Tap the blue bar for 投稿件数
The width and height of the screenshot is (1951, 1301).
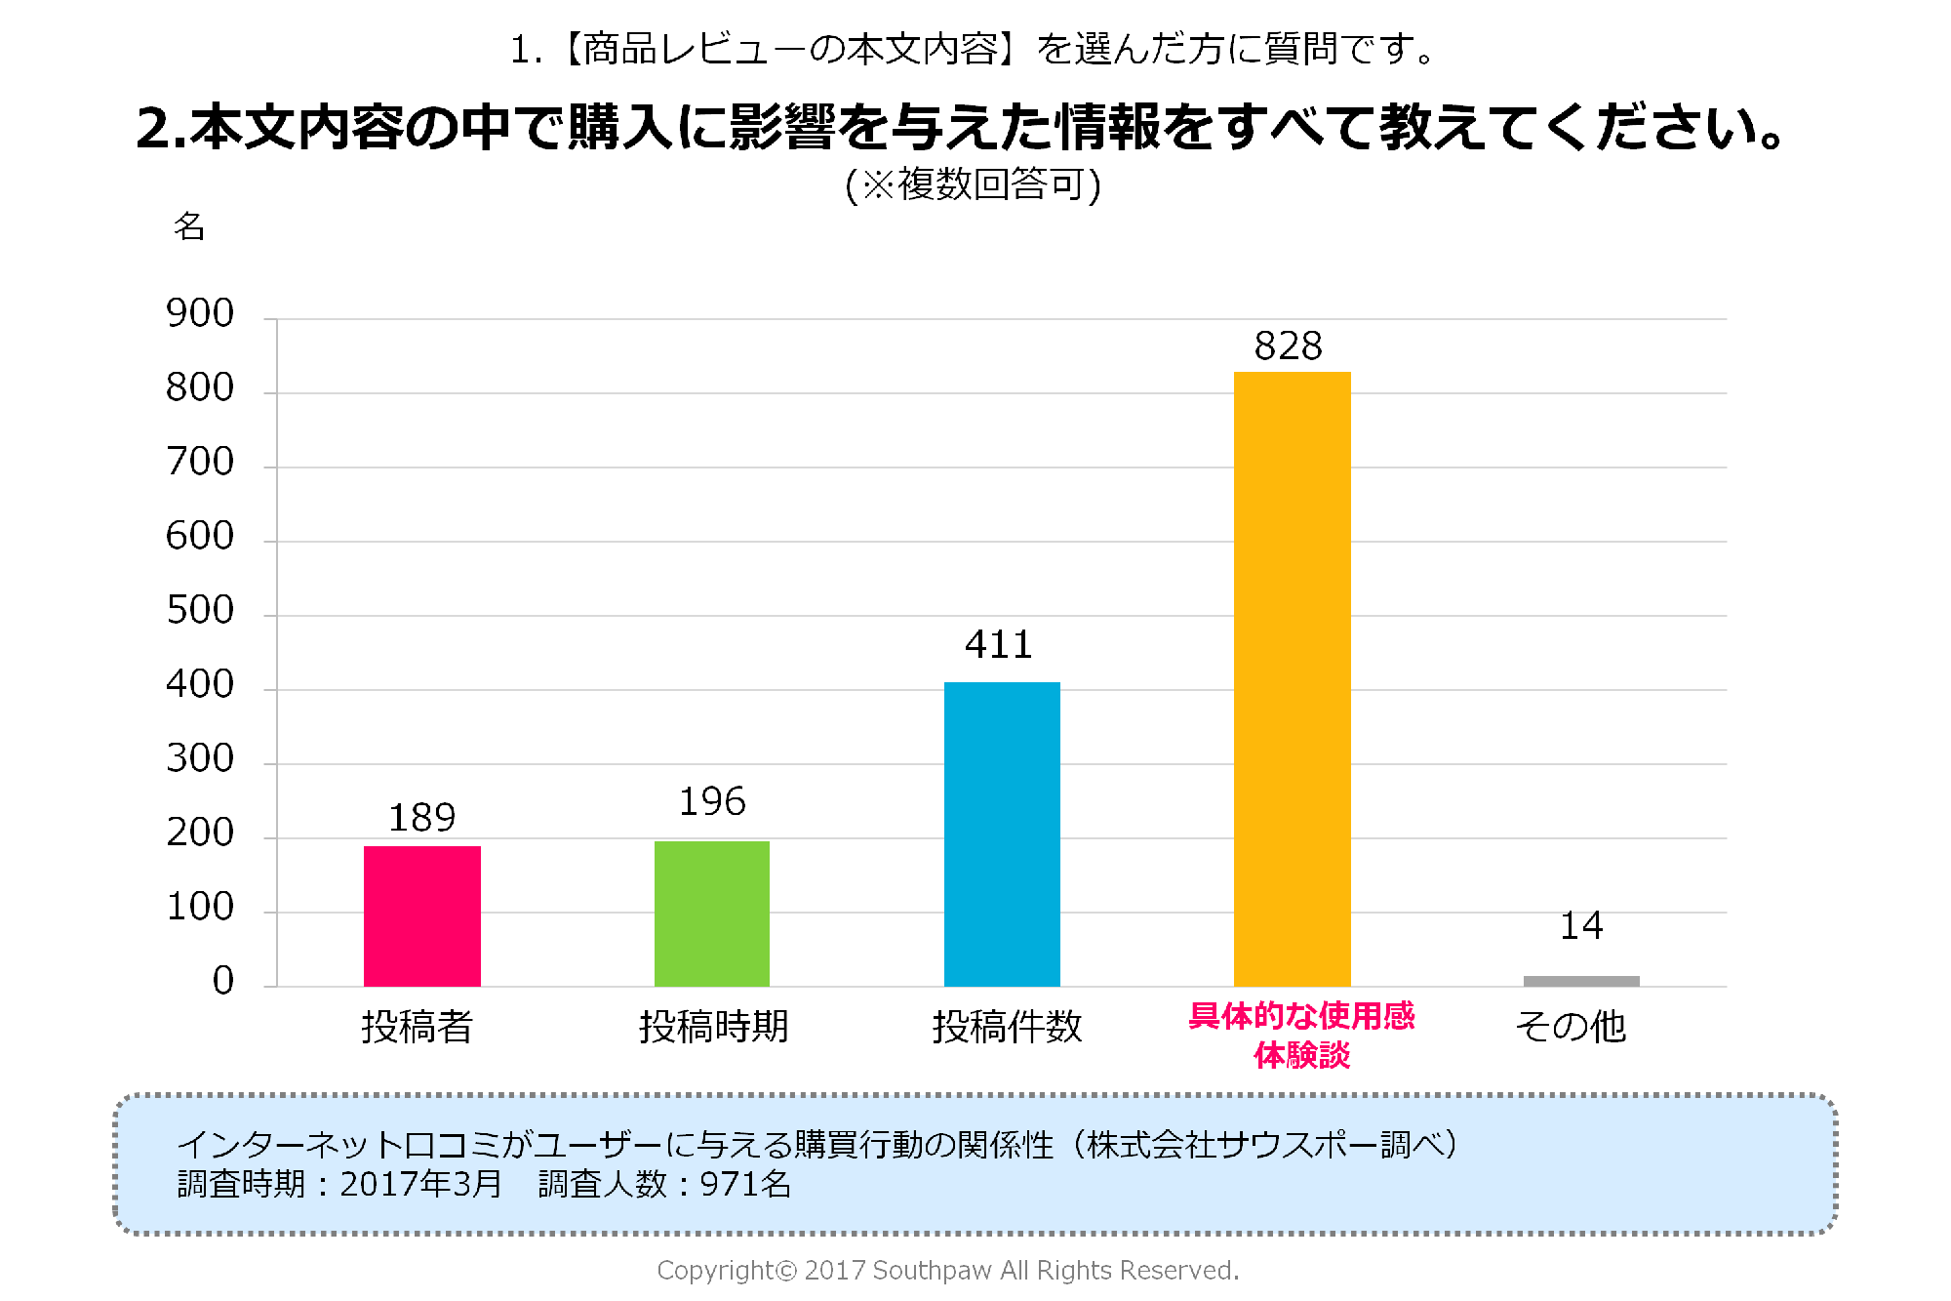[x=1002, y=833]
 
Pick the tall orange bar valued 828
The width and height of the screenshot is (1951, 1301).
[x=1292, y=678]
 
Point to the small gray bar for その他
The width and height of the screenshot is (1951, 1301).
[x=1581, y=981]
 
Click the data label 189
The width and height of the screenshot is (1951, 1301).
[x=421, y=818]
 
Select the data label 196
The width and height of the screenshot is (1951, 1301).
[x=712, y=802]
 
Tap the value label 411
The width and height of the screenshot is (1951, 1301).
[x=999, y=645]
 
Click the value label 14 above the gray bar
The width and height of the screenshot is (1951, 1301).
[x=1581, y=925]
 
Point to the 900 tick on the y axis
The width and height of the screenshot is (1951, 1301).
[x=200, y=313]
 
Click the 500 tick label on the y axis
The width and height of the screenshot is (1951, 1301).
[x=200, y=610]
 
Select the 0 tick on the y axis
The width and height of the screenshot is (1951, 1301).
[x=223, y=981]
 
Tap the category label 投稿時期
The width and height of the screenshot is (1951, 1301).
[x=713, y=1027]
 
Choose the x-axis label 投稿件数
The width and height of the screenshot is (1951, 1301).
[x=1007, y=1027]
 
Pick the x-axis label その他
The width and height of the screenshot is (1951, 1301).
[x=1571, y=1027]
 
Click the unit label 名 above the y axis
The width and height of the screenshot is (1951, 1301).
[x=189, y=226]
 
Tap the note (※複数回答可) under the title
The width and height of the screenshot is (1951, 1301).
[x=973, y=184]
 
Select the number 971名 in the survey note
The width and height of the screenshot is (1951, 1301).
[x=745, y=1184]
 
